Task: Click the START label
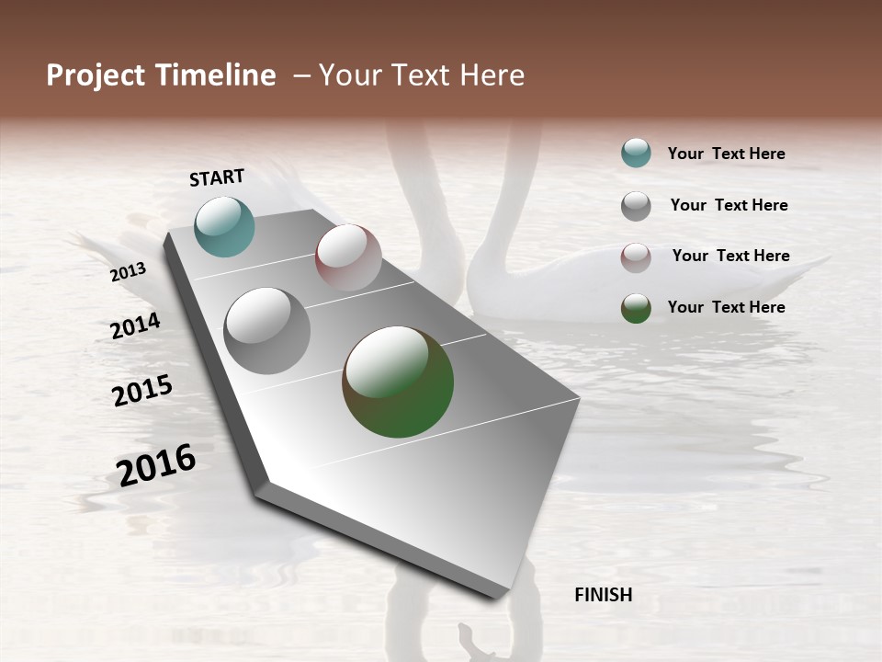[x=217, y=177]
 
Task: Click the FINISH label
[x=603, y=595]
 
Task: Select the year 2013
[x=129, y=272]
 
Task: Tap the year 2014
[x=136, y=325]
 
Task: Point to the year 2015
[x=142, y=391]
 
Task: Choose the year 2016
[x=156, y=464]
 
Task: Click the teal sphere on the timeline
[x=224, y=226]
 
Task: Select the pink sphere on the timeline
[x=348, y=257]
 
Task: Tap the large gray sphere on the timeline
[x=267, y=331]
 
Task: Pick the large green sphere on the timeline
[x=398, y=382]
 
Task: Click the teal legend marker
[x=636, y=153]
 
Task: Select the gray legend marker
[x=636, y=205]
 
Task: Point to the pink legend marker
[x=636, y=257]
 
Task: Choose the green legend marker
[x=636, y=308]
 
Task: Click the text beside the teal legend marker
[x=726, y=154]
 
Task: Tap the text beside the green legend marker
[x=726, y=307]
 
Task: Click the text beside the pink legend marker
[x=730, y=256]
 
